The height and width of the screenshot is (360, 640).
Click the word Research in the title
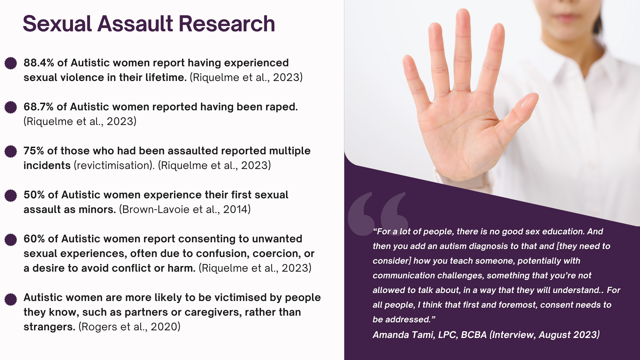tap(227, 24)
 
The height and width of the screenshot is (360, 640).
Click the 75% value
tap(34, 151)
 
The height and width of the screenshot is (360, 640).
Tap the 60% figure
tap(34, 239)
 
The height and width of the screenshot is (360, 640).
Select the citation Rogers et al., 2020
tap(129, 327)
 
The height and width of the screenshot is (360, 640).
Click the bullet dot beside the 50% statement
tap(11, 196)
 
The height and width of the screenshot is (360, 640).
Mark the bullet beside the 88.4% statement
tap(11, 63)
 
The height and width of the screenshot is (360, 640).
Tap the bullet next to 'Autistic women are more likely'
tap(11, 299)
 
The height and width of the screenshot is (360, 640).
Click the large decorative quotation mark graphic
tap(377, 213)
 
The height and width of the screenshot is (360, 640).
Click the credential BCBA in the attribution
tap(474, 335)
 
